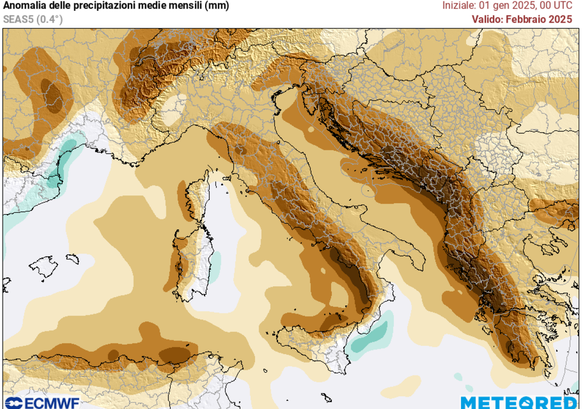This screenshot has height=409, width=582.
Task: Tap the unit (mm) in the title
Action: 217,6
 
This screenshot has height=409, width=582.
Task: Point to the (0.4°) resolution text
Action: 49,19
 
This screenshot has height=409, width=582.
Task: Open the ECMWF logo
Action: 42,403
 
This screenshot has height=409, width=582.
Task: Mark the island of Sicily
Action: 318,341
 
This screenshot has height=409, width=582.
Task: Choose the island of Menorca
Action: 72,258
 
